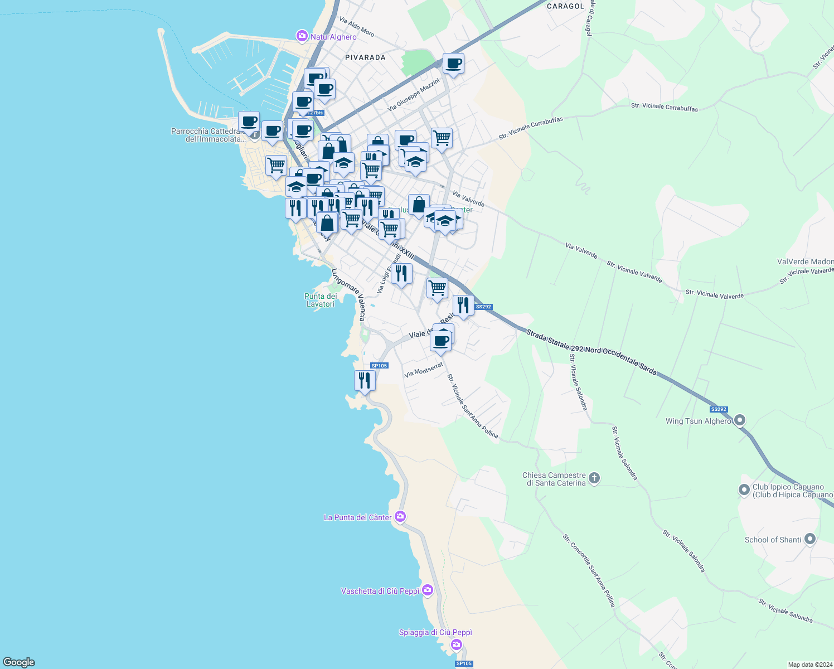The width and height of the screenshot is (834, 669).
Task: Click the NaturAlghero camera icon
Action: pos(302,36)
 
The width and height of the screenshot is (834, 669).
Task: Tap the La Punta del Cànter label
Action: pos(357,517)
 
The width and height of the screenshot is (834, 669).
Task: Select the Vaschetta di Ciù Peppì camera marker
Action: pos(427,590)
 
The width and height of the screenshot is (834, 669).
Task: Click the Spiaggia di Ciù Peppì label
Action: pos(435,632)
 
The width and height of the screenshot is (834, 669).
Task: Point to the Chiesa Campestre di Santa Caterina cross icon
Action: pos(594,478)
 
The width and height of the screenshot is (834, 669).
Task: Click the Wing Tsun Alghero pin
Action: pos(740,420)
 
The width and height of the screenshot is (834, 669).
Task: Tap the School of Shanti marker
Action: pos(810,539)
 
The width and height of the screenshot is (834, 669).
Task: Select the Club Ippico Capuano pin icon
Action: pos(744,490)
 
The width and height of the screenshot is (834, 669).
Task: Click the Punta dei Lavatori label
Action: pos(320,300)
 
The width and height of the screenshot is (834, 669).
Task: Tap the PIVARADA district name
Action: pos(365,57)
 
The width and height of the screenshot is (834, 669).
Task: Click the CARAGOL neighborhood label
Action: pos(565,6)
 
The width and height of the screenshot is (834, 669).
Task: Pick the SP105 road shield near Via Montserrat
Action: pos(379,366)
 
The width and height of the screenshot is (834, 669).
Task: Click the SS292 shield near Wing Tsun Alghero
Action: pos(719,409)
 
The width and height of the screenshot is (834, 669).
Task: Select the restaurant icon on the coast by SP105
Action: pos(365,381)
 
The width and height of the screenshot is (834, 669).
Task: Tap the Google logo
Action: pos(19,662)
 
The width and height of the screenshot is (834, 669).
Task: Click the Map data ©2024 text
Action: pos(809,665)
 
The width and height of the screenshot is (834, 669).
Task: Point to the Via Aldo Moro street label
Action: pos(357,26)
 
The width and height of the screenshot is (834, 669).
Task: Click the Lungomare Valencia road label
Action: pos(349,294)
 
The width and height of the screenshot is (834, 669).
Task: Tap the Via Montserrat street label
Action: pos(424,370)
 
